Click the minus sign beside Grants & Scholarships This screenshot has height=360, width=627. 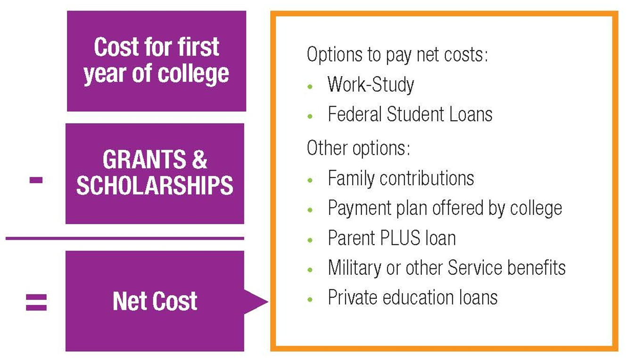[36, 180]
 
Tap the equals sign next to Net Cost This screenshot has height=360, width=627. [36, 302]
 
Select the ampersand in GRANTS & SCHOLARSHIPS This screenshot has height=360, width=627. [199, 160]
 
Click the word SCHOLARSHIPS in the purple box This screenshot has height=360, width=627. [155, 185]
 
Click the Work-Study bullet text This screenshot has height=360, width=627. [371, 85]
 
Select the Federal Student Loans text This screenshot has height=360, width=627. [410, 115]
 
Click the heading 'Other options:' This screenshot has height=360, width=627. [358, 148]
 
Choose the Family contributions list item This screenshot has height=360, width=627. [401, 178]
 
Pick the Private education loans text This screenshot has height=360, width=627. [412, 298]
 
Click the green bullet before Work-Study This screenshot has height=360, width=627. [310, 87]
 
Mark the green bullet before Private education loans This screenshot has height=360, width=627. [310, 299]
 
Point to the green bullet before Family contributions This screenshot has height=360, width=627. [310, 180]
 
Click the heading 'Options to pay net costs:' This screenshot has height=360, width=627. [397, 55]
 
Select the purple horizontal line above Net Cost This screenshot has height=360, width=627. [125, 238]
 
